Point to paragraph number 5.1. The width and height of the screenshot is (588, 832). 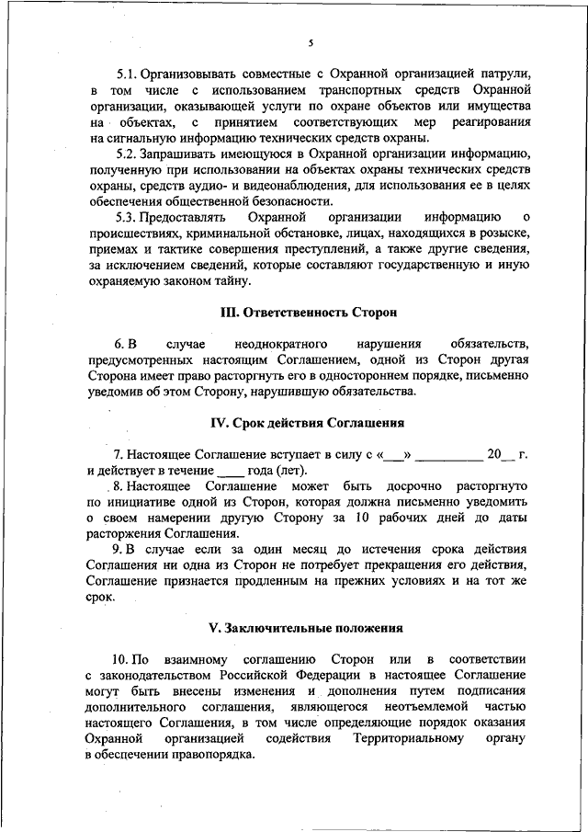(128, 72)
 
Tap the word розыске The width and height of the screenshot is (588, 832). (505, 234)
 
